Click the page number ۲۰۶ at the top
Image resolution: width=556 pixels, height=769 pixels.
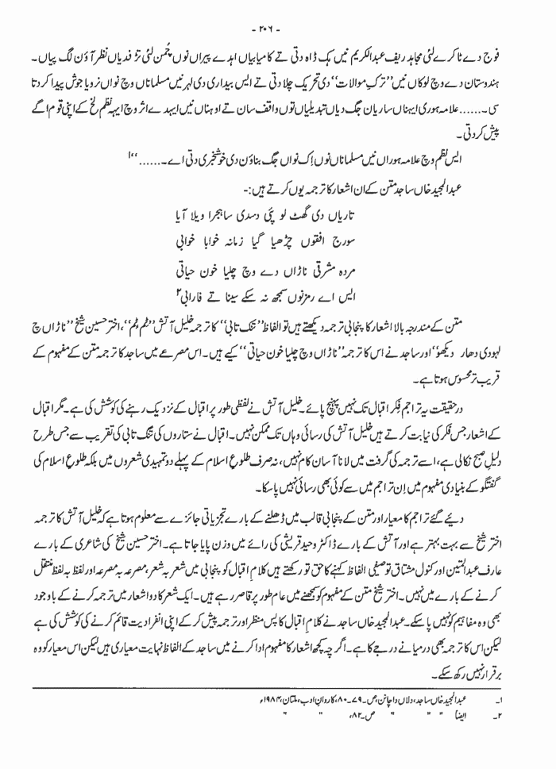pyautogui.click(x=277, y=10)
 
